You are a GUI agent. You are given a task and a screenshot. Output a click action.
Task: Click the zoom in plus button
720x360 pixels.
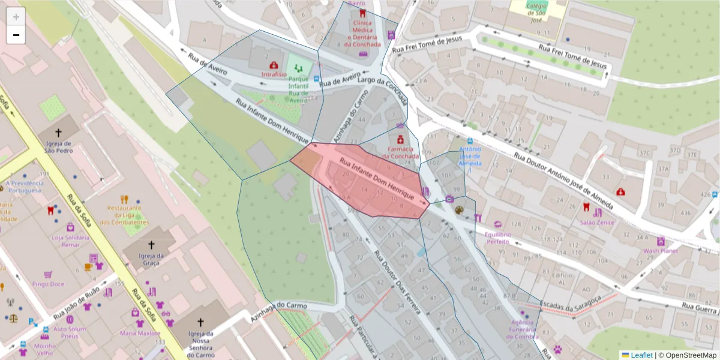[16, 17]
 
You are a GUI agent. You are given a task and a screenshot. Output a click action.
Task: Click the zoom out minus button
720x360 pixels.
[16, 35]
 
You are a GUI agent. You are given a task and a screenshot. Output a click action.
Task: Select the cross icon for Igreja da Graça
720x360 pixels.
[151, 245]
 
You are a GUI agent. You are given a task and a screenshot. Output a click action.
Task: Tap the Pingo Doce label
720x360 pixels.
[49, 284]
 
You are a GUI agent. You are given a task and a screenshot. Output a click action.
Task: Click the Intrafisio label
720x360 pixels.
[274, 74]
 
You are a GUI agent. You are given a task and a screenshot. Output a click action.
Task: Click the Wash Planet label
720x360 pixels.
[660, 251]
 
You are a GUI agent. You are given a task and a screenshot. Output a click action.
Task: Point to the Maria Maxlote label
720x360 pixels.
[140, 333]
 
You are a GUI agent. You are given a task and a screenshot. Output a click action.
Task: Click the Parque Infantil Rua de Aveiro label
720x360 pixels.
[298, 89]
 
